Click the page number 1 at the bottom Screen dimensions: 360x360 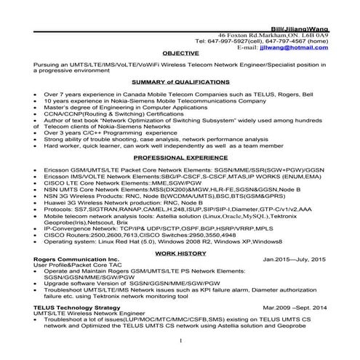180,340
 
